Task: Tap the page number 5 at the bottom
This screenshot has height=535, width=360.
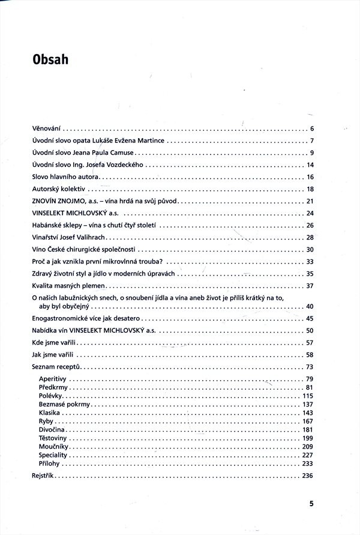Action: coord(311,504)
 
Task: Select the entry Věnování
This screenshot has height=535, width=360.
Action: coord(47,128)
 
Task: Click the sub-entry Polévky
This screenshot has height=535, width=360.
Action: coord(50,396)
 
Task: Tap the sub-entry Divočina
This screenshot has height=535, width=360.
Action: coord(52,430)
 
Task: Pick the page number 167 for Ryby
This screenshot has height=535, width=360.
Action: coord(309,422)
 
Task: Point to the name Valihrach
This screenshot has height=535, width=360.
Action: coord(91,237)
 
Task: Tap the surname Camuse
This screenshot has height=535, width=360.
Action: coord(121,153)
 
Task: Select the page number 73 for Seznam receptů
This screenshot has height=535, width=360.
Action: coord(310,366)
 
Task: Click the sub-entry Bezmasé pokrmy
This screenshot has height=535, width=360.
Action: coord(64,405)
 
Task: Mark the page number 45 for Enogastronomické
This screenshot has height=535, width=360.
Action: coord(310,318)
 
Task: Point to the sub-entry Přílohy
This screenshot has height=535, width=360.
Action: coord(50,464)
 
